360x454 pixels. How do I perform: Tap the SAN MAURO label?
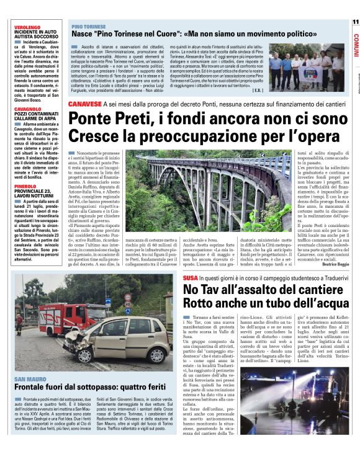(x=30, y=378)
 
